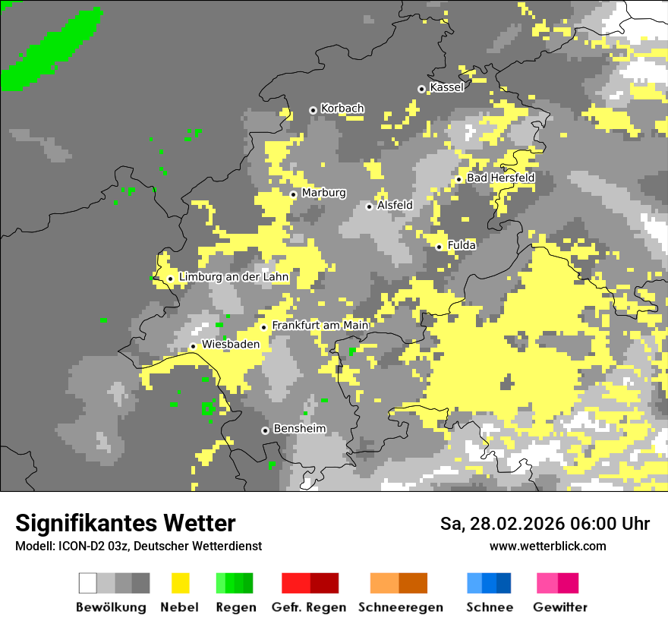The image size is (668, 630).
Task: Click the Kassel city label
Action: pyautogui.click(x=446, y=87)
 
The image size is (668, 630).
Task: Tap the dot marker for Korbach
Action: pyautogui.click(x=313, y=110)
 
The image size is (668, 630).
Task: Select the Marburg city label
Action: pyautogui.click(x=323, y=193)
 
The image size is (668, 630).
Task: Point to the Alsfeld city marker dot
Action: pyautogui.click(x=370, y=206)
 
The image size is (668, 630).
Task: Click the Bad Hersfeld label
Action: pyautogui.click(x=500, y=178)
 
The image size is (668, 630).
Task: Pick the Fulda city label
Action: pyautogui.click(x=462, y=245)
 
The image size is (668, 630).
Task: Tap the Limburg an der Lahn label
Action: pyautogui.click(x=234, y=277)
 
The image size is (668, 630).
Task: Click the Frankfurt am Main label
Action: pyautogui.click(x=320, y=325)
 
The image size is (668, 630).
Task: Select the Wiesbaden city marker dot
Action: pyautogui.click(x=193, y=346)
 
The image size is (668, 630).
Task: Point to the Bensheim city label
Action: pyautogui.click(x=299, y=428)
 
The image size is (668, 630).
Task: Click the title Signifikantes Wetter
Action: pyautogui.click(x=125, y=523)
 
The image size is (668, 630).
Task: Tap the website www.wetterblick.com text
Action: pyautogui.click(x=548, y=546)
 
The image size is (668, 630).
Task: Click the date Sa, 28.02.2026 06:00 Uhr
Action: pyautogui.click(x=544, y=524)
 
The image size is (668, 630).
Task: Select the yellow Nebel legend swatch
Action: pyautogui.click(x=180, y=583)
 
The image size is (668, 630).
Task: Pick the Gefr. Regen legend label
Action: pyautogui.click(x=309, y=607)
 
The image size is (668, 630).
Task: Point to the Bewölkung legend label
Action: pyautogui.click(x=111, y=607)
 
